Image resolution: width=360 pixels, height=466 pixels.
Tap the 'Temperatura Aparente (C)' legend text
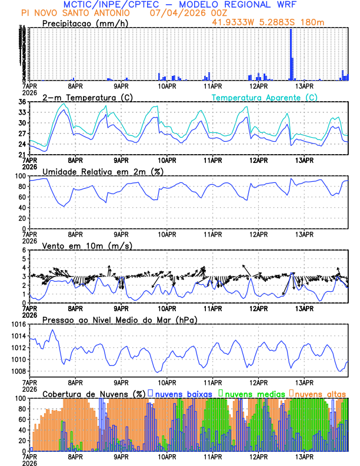(x=264, y=97)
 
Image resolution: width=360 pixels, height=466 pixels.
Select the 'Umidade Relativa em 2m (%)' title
(x=103, y=171)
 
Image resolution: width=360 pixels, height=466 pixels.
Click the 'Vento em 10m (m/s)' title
(x=87, y=245)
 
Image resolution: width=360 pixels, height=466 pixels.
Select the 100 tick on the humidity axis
(x=19, y=177)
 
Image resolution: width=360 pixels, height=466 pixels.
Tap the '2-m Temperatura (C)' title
(x=86, y=97)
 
